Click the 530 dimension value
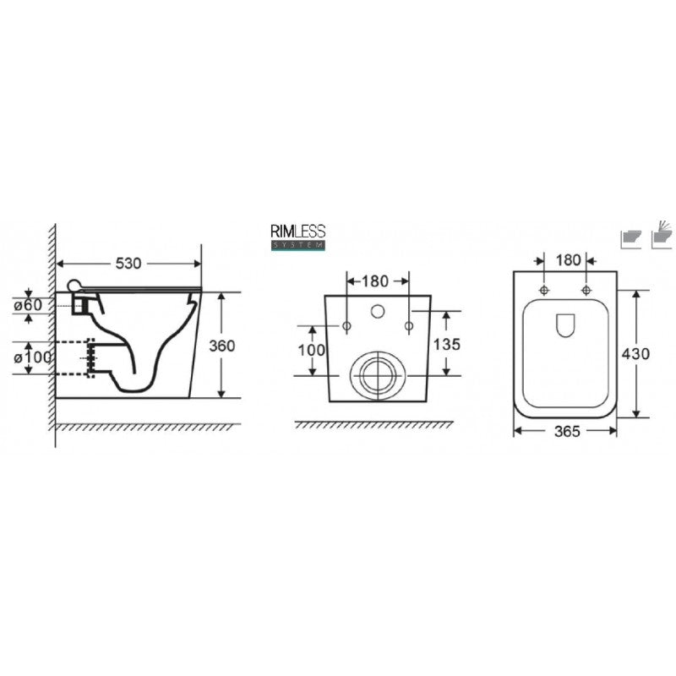[128, 264]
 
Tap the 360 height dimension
[221, 346]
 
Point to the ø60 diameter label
[28, 305]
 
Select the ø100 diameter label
[32, 357]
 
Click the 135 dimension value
[447, 345]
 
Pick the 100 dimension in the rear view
[311, 350]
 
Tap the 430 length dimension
[635, 354]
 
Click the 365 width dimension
[567, 431]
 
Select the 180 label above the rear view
[374, 281]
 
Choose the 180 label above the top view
[568, 260]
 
